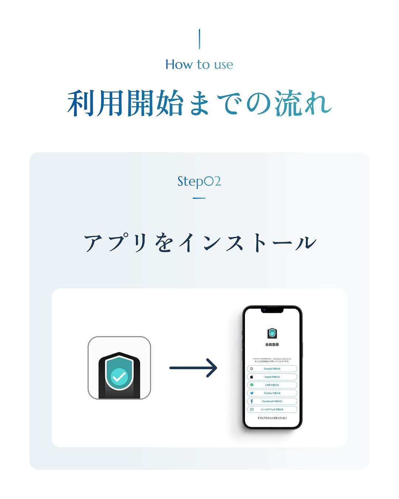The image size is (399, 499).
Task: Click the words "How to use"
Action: click(x=199, y=64)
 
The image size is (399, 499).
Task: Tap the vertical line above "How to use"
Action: click(x=199, y=39)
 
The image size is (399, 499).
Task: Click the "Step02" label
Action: click(x=199, y=181)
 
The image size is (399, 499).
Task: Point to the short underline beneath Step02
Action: click(x=199, y=198)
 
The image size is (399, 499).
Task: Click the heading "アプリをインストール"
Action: click(x=199, y=243)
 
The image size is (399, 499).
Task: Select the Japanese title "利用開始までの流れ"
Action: click(x=199, y=103)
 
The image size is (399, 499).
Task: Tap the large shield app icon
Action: click(x=119, y=368)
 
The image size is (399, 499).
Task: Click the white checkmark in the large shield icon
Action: click(x=119, y=377)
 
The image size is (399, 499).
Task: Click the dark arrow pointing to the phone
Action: click(x=193, y=368)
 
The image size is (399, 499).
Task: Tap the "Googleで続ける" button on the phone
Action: click(x=272, y=369)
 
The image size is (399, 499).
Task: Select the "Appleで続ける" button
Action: click(x=272, y=377)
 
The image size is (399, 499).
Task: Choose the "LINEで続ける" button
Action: click(x=272, y=385)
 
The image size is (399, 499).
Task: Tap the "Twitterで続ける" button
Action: click(x=272, y=393)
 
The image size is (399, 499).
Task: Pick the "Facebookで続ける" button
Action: click(x=272, y=401)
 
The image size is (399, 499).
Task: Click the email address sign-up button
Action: click(x=272, y=409)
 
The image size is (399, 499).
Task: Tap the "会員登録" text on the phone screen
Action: click(x=272, y=345)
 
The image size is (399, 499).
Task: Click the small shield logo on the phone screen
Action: click(x=272, y=333)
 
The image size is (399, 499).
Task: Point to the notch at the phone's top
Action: click(x=272, y=310)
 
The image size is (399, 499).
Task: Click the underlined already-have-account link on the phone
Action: click(x=272, y=418)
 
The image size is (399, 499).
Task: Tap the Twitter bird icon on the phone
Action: click(x=252, y=393)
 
